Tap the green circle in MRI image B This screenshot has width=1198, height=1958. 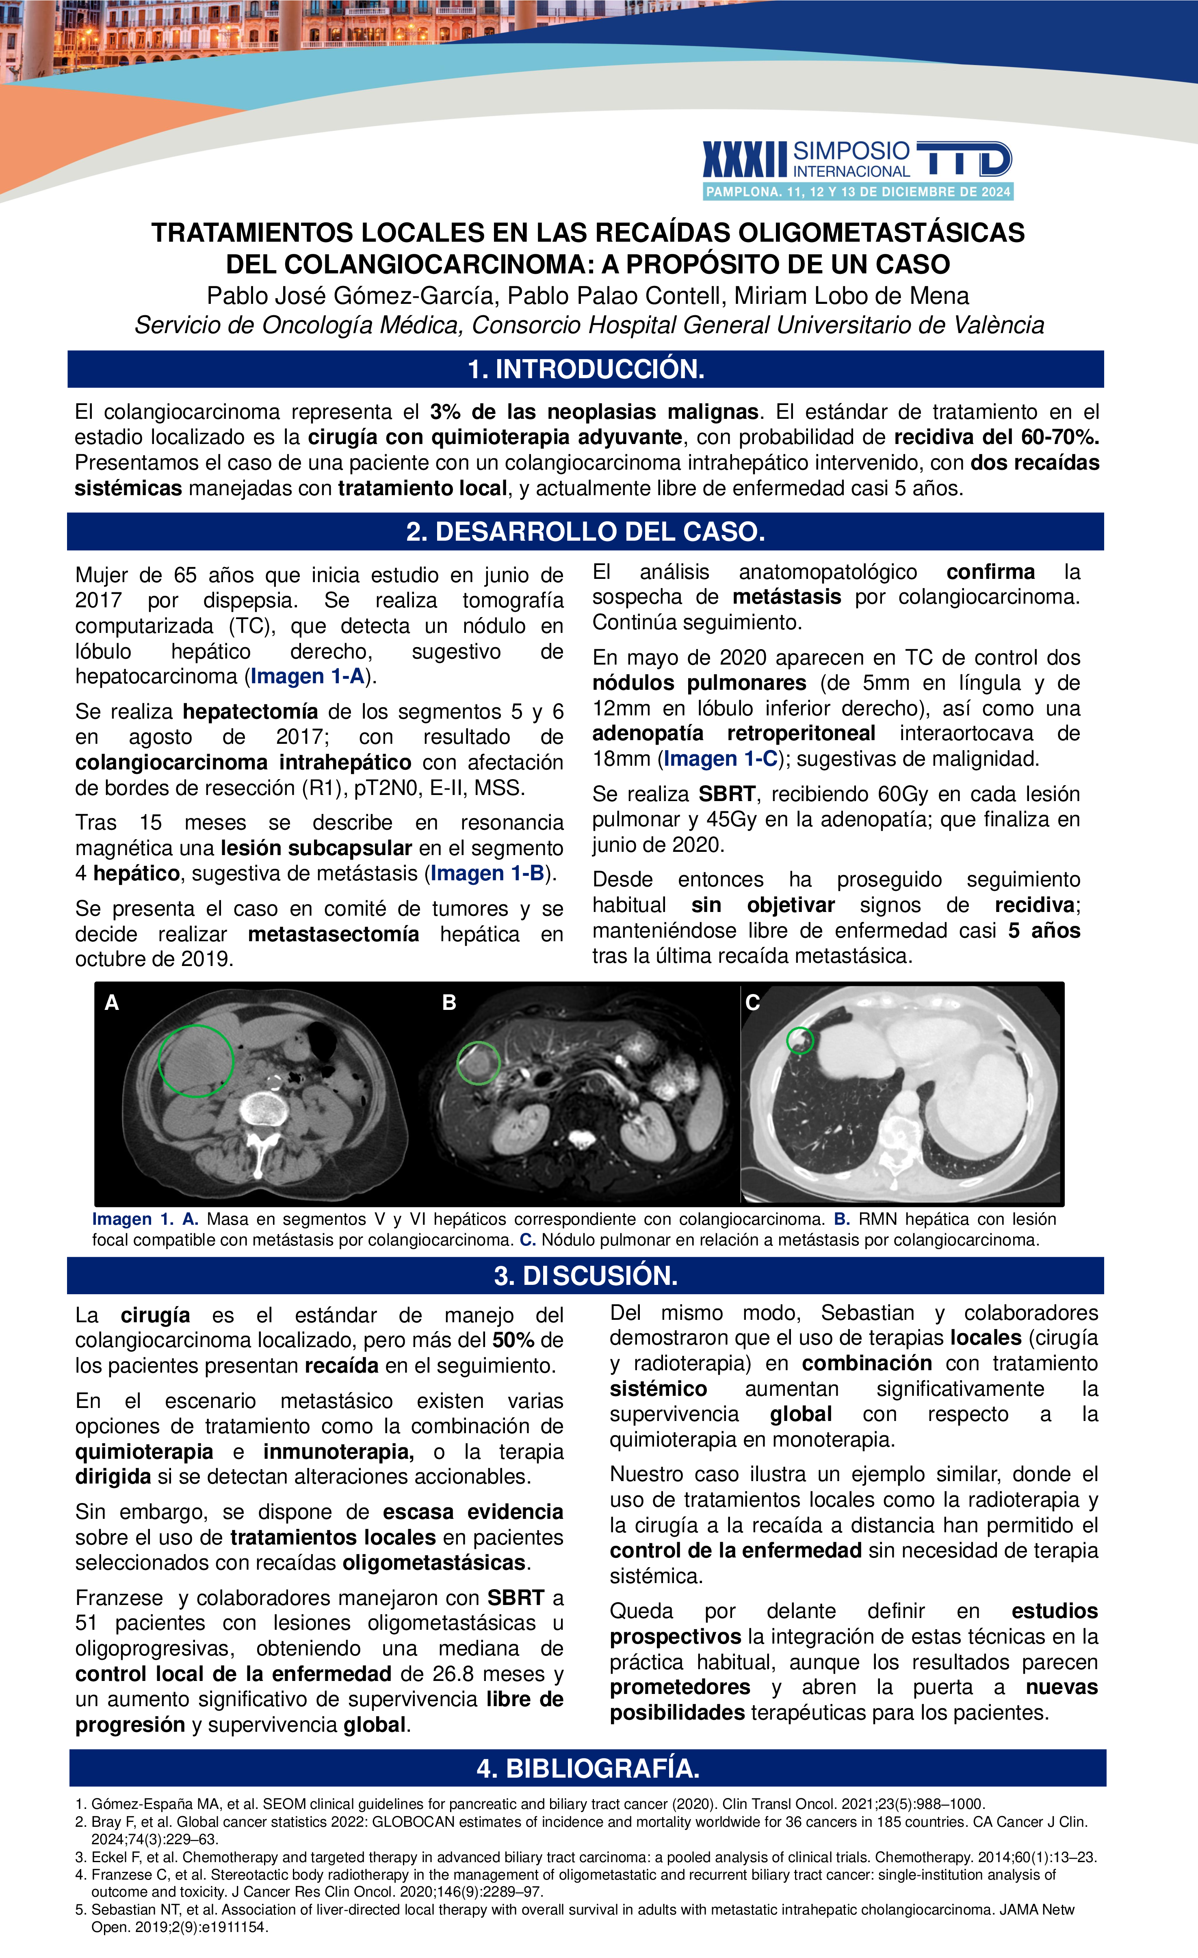478,1063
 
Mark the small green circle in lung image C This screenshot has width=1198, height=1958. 800,1040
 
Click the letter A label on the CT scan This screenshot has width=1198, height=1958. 112,1003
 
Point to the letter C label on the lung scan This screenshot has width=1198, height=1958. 752,1003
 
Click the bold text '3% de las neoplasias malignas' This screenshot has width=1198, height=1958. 594,412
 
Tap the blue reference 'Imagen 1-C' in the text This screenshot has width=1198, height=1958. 721,759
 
